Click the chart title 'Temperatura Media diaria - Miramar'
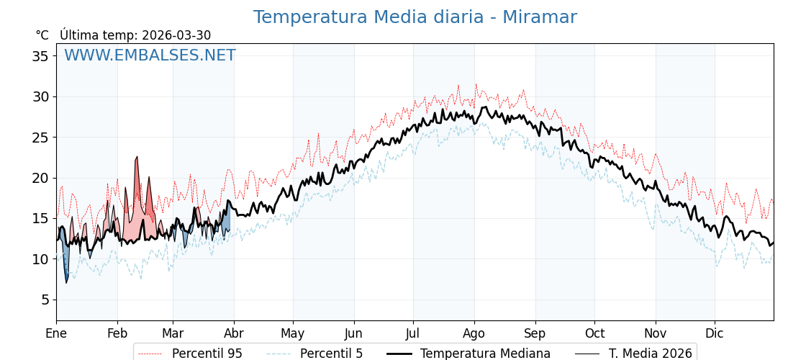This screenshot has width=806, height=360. coord(415,17)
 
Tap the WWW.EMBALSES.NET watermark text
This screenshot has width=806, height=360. coord(150,55)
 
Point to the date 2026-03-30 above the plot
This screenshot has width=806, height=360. coord(176,35)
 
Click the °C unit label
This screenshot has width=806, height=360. coord(42,35)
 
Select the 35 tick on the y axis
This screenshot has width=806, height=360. coord(40,56)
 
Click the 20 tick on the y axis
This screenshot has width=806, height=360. coord(40,178)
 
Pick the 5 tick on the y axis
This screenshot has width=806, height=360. coord(45,300)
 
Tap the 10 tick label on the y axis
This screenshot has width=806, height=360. coord(40,259)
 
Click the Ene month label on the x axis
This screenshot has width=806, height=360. coord(56,333)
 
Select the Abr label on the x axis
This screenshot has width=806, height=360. coord(234,333)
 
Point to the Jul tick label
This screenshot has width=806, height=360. coord(413,333)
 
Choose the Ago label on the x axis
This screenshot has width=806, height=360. coord(474,333)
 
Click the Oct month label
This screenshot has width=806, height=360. coord(594,333)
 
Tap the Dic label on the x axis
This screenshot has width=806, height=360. coord(715,333)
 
